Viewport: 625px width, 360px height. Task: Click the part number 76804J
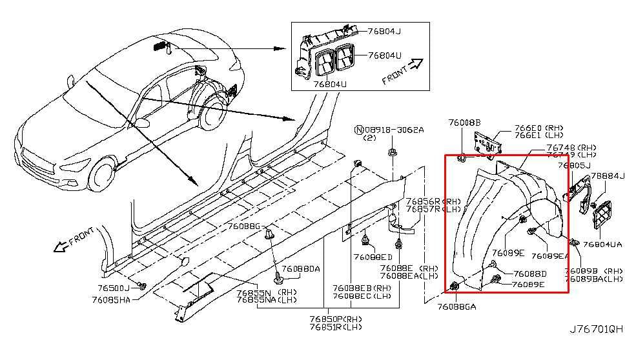tap(384, 31)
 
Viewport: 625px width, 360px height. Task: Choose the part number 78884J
tap(608, 175)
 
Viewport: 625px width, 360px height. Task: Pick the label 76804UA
tap(602, 245)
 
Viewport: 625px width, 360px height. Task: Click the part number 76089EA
tap(550, 256)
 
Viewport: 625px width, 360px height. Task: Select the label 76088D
tap(530, 274)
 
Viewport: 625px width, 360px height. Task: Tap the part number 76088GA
tap(456, 307)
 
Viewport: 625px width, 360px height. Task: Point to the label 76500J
tap(114, 288)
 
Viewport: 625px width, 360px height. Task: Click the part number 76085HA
tap(111, 299)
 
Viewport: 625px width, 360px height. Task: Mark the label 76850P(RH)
tap(336, 319)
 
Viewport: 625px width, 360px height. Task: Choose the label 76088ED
tap(373, 257)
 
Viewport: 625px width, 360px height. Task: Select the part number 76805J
tap(575, 166)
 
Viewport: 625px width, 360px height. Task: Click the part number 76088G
tap(243, 226)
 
